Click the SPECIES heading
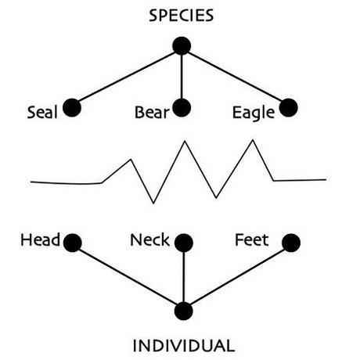tap(182, 16)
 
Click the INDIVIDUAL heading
tap(184, 346)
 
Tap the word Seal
tap(42, 113)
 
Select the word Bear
tap(152, 113)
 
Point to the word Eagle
tap(254, 113)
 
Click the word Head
tap(41, 240)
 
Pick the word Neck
tap(149, 240)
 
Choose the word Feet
tap(252, 240)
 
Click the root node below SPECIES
tap(182, 46)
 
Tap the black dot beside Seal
tap(72, 108)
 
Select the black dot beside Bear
tap(182, 108)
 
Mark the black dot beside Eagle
tap(289, 108)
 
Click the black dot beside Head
tap(73, 243)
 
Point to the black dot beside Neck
tap(184, 243)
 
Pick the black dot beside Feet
tap(291, 243)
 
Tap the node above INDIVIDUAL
tap(184, 311)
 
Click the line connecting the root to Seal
tap(127, 77)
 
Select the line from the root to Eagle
tap(235, 77)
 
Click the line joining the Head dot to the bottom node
tap(128, 277)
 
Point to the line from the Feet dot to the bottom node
tap(237, 277)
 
